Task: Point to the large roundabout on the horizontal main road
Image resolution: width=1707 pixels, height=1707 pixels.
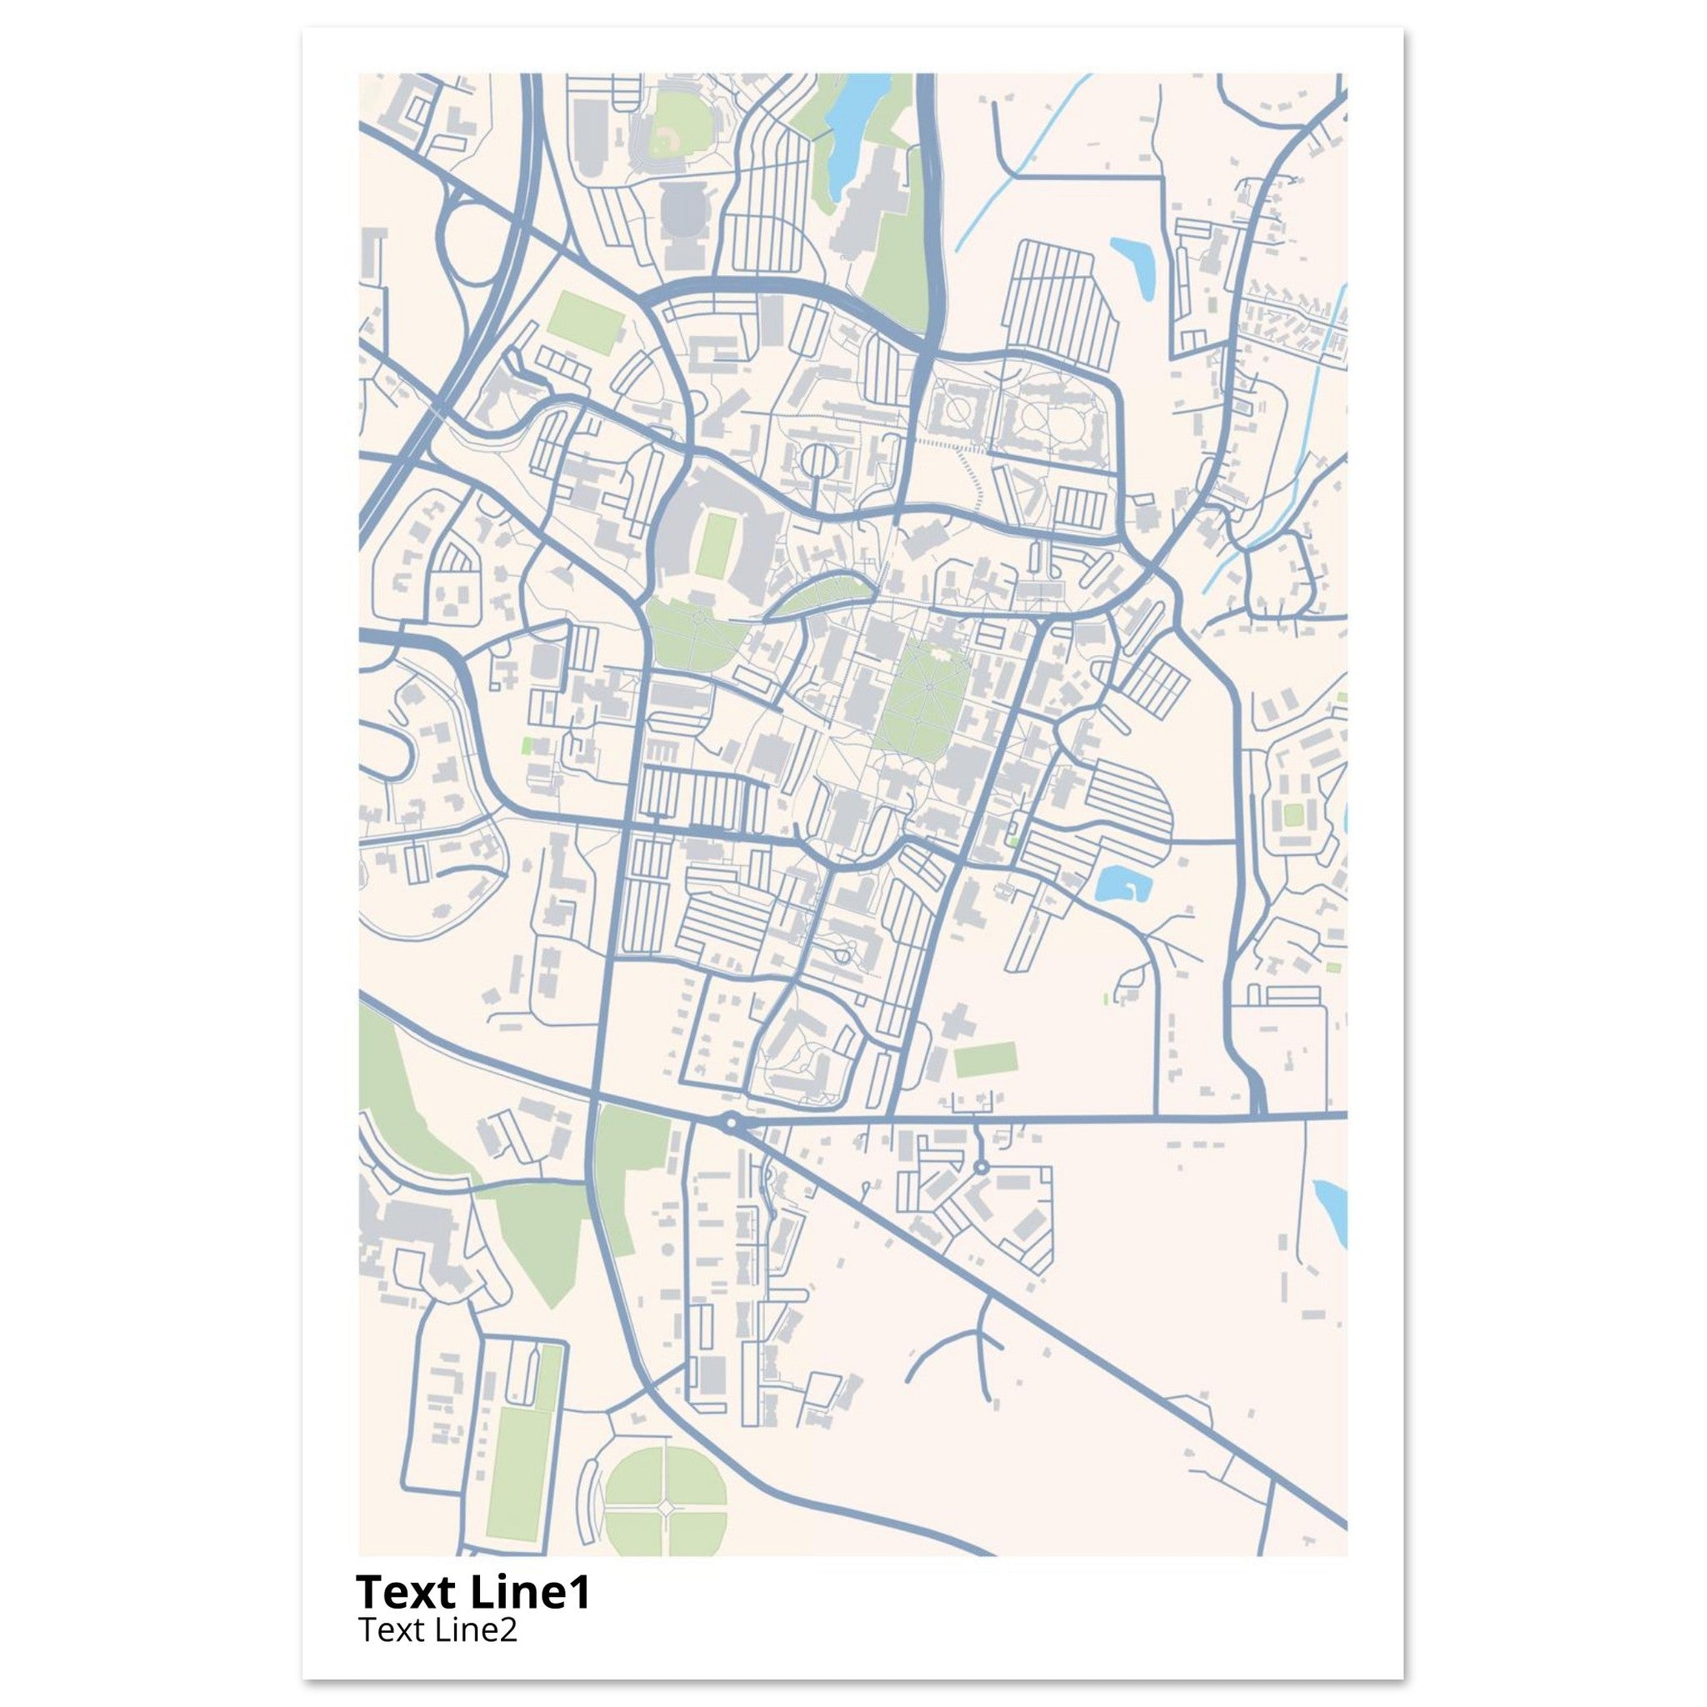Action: [x=730, y=1124]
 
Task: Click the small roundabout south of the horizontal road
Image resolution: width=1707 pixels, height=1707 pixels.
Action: [x=981, y=1168]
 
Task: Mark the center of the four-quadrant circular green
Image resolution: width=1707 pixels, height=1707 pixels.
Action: [x=664, y=1501]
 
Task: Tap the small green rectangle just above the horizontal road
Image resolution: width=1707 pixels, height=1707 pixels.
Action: [x=984, y=1060]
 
